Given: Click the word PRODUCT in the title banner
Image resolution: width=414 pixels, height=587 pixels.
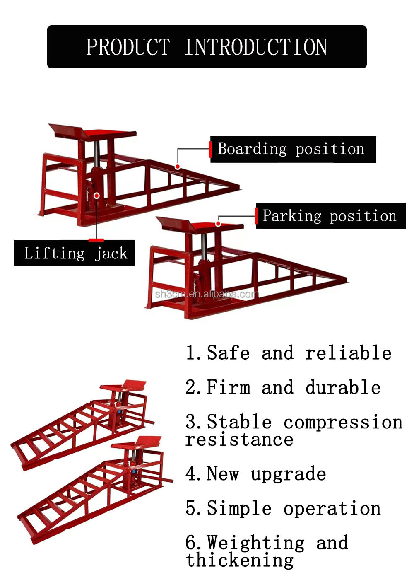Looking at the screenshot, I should (128, 47).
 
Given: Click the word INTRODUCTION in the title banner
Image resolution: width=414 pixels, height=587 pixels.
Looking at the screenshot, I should (255, 47).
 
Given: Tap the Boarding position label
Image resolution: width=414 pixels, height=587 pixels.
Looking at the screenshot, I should (291, 149).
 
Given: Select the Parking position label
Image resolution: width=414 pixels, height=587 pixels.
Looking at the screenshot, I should (330, 216).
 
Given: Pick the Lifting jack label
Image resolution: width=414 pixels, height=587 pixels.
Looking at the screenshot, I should (75, 253).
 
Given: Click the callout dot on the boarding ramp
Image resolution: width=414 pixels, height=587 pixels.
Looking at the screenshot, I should (177, 167).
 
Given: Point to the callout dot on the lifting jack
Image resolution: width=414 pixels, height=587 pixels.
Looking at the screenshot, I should (96, 196).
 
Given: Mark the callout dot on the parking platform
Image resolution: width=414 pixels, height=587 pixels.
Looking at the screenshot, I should (218, 224).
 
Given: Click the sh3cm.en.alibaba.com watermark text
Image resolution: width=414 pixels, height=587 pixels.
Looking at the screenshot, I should (207, 295).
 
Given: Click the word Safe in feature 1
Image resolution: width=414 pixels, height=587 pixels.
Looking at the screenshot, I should (228, 353).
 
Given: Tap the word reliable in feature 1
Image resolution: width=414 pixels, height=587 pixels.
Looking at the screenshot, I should (348, 353).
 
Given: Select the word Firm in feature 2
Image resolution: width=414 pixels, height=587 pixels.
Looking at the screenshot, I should (229, 388).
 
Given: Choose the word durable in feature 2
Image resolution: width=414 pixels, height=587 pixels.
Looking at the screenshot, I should (343, 388).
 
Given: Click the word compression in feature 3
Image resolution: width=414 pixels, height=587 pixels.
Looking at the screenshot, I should (343, 422).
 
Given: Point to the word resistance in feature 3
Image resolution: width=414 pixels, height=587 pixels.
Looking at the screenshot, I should (239, 440).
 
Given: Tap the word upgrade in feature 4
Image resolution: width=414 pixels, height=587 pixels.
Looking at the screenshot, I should (288, 474).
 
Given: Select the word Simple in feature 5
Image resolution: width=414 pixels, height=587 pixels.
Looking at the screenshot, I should (239, 509).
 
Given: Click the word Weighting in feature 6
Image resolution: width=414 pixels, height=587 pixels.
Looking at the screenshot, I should (256, 543).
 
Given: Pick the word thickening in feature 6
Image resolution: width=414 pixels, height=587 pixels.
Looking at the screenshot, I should (240, 560).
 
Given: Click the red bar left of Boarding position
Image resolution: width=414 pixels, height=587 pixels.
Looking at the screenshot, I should (210, 149).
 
